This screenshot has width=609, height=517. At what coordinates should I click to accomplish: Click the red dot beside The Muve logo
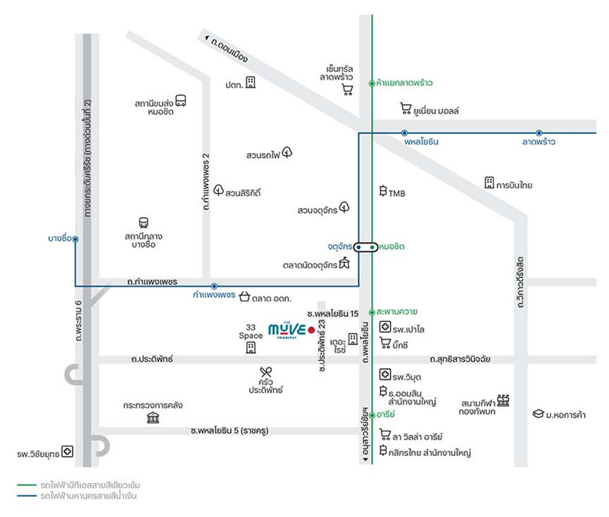(311, 330)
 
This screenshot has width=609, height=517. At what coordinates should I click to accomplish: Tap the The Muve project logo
(287, 330)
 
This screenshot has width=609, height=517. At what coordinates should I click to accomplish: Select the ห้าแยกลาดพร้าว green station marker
(371, 83)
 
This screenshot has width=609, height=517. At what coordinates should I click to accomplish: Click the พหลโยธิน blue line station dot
(405, 133)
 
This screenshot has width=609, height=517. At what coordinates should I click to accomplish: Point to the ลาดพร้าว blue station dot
(539, 133)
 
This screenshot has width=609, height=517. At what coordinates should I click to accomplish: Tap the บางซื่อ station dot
(75, 240)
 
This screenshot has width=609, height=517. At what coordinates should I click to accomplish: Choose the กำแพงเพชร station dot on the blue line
(214, 286)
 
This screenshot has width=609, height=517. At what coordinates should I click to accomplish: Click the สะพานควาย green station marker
(371, 312)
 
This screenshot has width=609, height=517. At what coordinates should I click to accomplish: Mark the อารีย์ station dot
(372, 415)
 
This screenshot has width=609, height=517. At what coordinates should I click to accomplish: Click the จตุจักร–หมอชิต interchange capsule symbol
(365, 247)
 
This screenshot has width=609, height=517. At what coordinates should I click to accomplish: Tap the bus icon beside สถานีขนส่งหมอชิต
(181, 101)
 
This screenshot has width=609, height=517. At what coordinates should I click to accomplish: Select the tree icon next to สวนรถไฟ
(287, 152)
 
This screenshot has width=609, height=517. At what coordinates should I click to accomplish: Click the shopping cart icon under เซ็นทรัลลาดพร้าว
(347, 90)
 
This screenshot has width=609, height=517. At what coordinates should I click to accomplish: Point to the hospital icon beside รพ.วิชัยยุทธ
(68, 451)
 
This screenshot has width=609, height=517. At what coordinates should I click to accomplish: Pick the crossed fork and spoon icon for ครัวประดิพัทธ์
(266, 372)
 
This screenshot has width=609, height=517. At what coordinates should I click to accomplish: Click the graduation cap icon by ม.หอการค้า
(538, 413)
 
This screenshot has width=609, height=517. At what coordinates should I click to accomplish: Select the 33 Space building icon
(251, 348)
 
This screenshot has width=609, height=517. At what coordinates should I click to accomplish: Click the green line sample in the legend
(26, 485)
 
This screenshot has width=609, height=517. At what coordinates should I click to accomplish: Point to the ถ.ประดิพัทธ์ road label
(152, 359)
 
